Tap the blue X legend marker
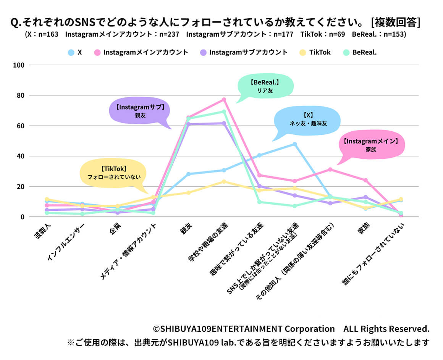tap(71, 52)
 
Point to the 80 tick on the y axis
tap(19, 95)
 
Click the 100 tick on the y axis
tap(18, 65)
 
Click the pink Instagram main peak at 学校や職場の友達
tap(224, 100)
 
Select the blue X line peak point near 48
tap(295, 144)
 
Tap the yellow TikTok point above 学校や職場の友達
tap(224, 182)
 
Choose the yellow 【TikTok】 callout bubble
tap(113, 173)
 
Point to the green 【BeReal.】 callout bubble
tap(265, 86)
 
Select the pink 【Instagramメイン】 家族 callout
tap(370, 145)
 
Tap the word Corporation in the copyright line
tap(310, 329)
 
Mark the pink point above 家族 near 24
tap(365, 180)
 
